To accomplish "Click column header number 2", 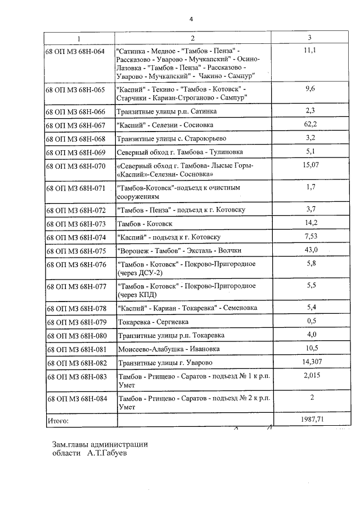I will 192,38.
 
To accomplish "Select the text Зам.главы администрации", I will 100,444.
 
